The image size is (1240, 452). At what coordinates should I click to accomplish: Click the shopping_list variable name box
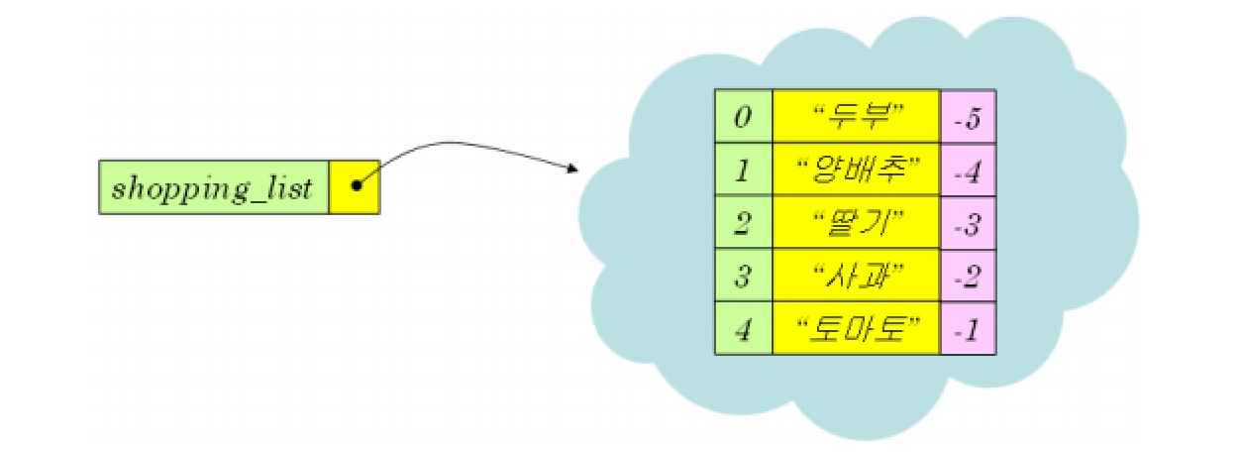click(x=213, y=187)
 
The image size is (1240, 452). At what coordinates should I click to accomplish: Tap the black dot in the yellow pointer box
click(x=356, y=185)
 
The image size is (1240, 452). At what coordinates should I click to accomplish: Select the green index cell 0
click(x=743, y=117)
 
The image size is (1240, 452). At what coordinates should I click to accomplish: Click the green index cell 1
click(x=743, y=170)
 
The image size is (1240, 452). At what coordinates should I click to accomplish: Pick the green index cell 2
click(x=743, y=223)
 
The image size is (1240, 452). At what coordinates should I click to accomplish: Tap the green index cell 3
click(x=743, y=276)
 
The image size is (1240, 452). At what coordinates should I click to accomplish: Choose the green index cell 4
click(x=743, y=328)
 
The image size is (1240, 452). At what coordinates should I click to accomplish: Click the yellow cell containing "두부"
click(x=856, y=117)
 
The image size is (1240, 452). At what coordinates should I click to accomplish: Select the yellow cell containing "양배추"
click(x=856, y=170)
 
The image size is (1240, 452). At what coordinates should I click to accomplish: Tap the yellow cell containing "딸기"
click(x=856, y=223)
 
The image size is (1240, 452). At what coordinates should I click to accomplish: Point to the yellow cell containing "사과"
click(x=856, y=276)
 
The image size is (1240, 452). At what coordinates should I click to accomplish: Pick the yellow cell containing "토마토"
click(x=856, y=328)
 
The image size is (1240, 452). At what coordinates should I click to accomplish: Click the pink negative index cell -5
click(x=967, y=117)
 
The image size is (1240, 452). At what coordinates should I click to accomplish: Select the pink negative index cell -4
click(x=967, y=170)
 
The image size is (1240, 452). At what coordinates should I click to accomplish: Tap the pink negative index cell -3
click(x=967, y=223)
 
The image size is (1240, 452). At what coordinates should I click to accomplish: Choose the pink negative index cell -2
click(x=967, y=276)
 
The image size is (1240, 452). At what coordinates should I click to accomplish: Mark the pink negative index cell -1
click(x=967, y=328)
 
